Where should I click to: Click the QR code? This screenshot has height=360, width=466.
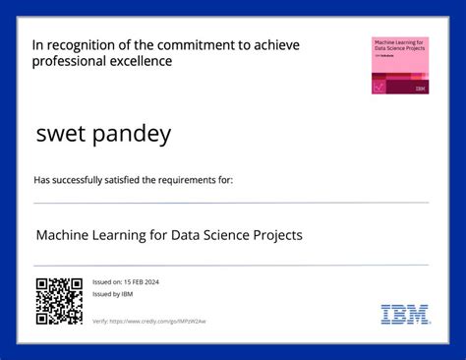click(59, 301)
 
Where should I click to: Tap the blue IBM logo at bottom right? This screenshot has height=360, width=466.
click(404, 315)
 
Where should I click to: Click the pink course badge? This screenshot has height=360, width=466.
click(399, 65)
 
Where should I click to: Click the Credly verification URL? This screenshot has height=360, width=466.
click(157, 322)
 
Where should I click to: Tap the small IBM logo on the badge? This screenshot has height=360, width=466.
click(420, 88)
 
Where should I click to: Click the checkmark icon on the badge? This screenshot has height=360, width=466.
click(379, 86)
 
